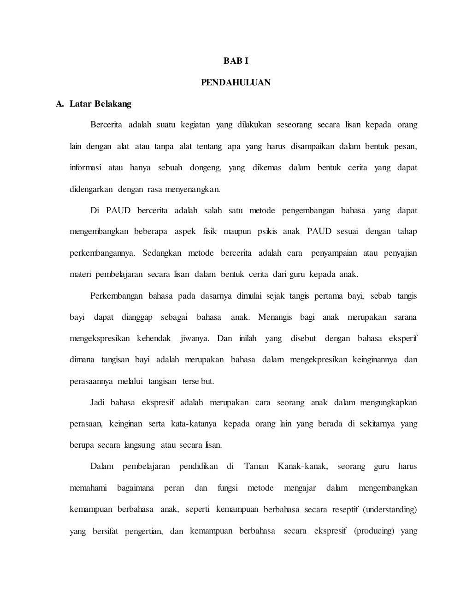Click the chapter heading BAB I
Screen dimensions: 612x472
[236, 61]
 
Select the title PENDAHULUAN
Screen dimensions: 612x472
[236, 83]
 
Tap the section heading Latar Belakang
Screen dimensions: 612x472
[100, 104]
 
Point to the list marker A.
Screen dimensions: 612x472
[59, 104]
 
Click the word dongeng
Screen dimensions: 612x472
[206, 168]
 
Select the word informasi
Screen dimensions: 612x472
[85, 168]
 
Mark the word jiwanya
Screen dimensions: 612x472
[195, 339]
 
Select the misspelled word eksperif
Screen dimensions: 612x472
[403, 339]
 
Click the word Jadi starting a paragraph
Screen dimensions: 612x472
[98, 403]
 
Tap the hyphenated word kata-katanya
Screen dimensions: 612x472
[194, 424]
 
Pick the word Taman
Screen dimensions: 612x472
[256, 467]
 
